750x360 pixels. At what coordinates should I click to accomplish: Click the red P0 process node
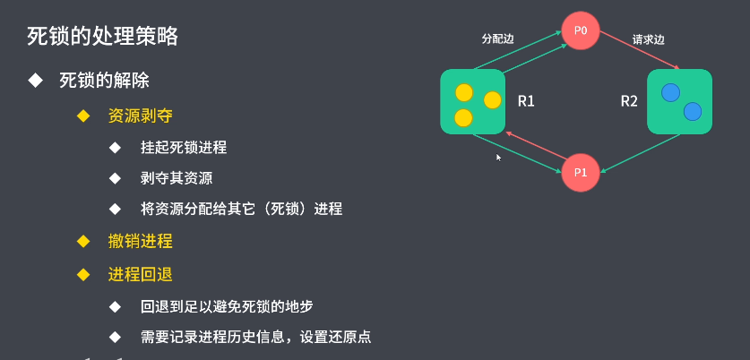tap(581, 31)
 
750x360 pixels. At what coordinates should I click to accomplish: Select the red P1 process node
tap(580, 172)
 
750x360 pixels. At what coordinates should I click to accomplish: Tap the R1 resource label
tap(526, 101)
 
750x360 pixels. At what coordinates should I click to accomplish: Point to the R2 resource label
tap(629, 101)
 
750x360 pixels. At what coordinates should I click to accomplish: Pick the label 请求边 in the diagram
tap(648, 39)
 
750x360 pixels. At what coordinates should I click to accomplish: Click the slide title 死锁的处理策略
tap(102, 37)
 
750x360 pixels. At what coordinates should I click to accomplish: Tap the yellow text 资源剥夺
tap(140, 116)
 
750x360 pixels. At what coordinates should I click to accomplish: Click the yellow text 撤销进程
tap(140, 242)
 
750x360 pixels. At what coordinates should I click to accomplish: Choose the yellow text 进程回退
tap(140, 274)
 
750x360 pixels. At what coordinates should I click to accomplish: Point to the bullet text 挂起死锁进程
tap(184, 148)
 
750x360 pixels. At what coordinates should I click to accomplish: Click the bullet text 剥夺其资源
tap(177, 177)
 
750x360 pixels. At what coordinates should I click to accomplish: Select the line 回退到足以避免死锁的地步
tap(227, 306)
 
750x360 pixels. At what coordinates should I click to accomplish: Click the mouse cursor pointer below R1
tap(498, 157)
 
